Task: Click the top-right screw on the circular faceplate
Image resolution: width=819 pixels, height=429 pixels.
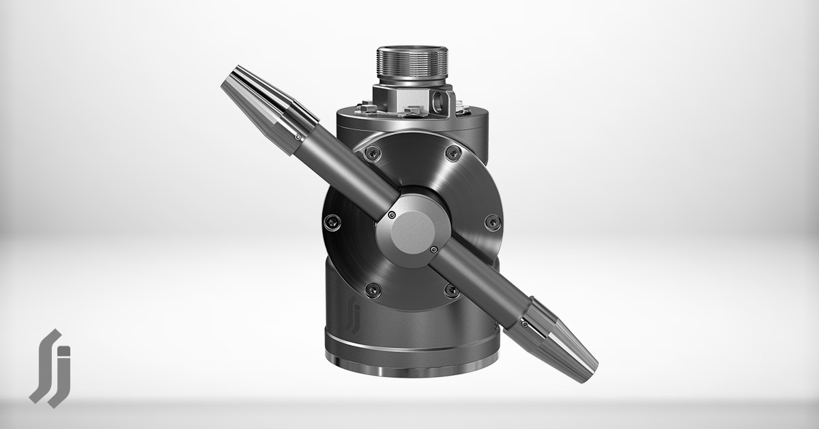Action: click(450, 154)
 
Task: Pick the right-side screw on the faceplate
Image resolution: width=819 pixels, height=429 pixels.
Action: click(490, 221)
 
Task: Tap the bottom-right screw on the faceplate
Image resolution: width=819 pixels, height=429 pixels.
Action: click(450, 290)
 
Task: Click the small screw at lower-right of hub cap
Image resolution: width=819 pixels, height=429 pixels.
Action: click(433, 250)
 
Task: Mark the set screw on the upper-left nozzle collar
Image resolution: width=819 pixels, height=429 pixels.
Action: click(299, 137)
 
